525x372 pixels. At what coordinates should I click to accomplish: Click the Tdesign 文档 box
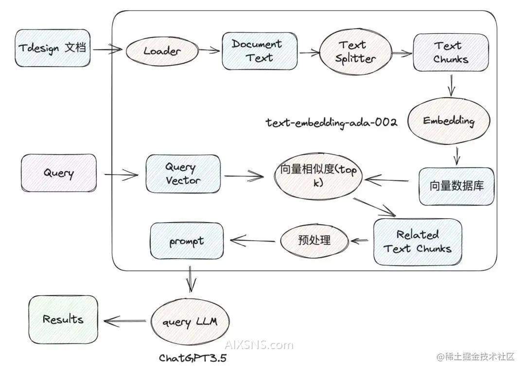click(x=52, y=48)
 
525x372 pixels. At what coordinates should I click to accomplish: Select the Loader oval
click(x=162, y=51)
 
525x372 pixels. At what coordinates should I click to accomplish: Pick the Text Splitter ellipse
click(x=355, y=52)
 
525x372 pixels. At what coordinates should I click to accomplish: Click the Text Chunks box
click(x=450, y=52)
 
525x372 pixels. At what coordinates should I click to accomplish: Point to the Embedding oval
click(x=448, y=121)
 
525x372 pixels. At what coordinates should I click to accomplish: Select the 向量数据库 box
click(x=456, y=186)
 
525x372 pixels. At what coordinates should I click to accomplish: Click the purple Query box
click(x=58, y=173)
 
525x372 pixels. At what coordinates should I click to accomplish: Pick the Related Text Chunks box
click(x=418, y=242)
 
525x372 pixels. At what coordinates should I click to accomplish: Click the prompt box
click(x=187, y=241)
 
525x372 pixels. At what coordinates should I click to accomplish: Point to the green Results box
click(x=63, y=319)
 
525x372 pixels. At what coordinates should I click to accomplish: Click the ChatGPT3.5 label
click(x=192, y=358)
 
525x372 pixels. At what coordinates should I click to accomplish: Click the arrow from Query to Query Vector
click(x=122, y=174)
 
